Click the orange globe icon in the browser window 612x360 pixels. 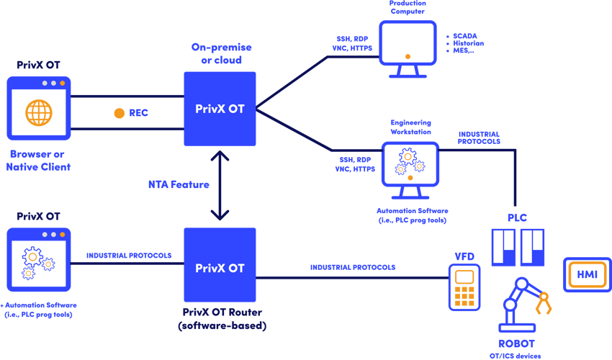click(39, 112)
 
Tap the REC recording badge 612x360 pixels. click(130, 113)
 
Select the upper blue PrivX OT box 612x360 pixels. click(220, 109)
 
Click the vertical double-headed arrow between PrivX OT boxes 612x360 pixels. click(220, 186)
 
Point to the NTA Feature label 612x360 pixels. click(178, 184)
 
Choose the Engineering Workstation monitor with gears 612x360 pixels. click(409, 167)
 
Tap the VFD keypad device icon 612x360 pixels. click(464, 287)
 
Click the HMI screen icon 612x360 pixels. click(586, 275)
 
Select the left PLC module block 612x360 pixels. click(503, 247)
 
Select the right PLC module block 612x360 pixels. click(532, 247)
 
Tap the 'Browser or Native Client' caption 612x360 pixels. click(39, 160)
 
